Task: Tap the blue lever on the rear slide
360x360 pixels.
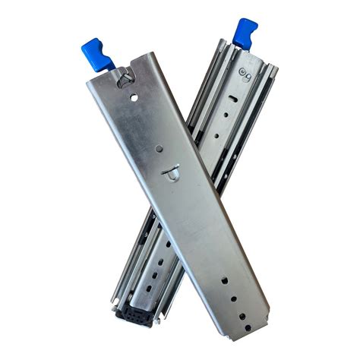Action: coord(245,31)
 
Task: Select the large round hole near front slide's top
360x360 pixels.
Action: coord(134,97)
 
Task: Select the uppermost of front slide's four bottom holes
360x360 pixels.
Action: coord(224,280)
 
